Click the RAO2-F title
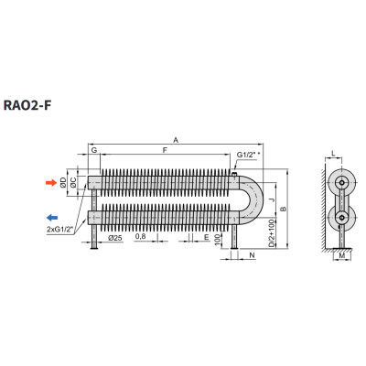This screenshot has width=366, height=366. (x=27, y=105)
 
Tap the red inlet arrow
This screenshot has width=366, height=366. (x=51, y=183)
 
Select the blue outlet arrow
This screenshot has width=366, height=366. (x=52, y=218)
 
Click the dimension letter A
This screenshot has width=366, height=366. (x=176, y=140)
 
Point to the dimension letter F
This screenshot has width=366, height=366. (x=165, y=150)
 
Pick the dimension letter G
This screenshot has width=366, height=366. (x=94, y=150)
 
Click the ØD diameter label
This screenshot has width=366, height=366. (x=63, y=182)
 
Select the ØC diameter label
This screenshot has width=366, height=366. (x=73, y=182)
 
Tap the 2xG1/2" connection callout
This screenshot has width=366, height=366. (x=60, y=230)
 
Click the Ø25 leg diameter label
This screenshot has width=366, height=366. (x=115, y=238)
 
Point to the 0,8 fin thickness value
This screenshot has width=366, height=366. (x=140, y=236)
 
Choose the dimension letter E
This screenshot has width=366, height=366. (x=207, y=237)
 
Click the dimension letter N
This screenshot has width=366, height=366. (x=252, y=255)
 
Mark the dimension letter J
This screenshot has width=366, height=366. (x=273, y=200)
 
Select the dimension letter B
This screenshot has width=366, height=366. (x=283, y=209)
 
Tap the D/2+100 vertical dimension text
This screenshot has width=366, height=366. (x=271, y=233)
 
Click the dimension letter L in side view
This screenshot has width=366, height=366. (x=333, y=155)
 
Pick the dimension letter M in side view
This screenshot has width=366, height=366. (x=342, y=255)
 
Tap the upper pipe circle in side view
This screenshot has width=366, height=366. (x=342, y=183)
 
